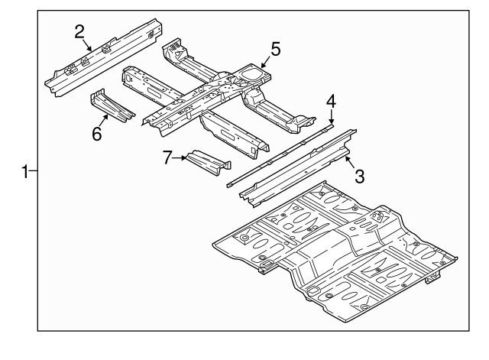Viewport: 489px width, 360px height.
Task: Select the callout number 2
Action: pos(79,31)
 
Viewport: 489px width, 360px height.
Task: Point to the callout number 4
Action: pos(331,102)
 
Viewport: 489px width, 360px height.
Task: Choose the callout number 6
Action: pos(97,134)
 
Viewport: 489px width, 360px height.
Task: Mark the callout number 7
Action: pos(167,157)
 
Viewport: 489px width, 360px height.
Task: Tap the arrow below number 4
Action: pos(331,117)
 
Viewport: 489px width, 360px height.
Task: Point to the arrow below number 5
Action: pos(265,63)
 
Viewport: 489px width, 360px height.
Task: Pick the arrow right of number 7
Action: pos(181,158)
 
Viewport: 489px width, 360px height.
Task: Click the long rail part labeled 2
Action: pos(99,57)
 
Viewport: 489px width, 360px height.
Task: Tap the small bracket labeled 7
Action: pos(208,161)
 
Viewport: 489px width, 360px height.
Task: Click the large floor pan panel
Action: pos(336,248)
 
